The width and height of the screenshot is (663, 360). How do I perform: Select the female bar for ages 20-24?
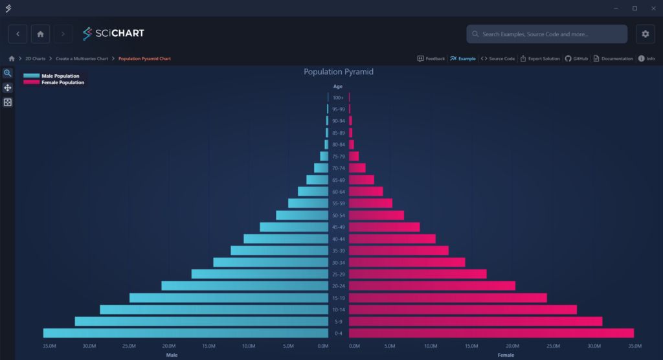(x=432, y=286)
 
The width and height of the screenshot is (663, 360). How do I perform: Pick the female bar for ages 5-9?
(x=475, y=321)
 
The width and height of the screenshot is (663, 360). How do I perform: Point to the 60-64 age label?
(x=338, y=192)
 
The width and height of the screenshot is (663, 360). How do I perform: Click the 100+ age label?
(x=338, y=98)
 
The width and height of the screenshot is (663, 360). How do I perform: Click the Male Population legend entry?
(x=60, y=76)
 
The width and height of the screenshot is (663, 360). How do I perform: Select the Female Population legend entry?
(x=62, y=83)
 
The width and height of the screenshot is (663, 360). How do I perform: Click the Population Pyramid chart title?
(x=339, y=72)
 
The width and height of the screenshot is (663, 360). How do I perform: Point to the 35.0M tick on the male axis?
(x=49, y=346)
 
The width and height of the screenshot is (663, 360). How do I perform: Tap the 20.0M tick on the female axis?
(x=513, y=346)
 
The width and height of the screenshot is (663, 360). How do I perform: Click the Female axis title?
(x=506, y=355)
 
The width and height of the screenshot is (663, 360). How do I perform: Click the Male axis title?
(x=172, y=355)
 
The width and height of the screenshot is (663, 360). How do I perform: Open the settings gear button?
(x=645, y=34)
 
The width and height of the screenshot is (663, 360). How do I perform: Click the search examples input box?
(x=546, y=34)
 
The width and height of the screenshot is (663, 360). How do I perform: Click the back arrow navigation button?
(x=17, y=34)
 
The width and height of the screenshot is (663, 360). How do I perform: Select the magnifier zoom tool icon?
(x=8, y=73)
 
